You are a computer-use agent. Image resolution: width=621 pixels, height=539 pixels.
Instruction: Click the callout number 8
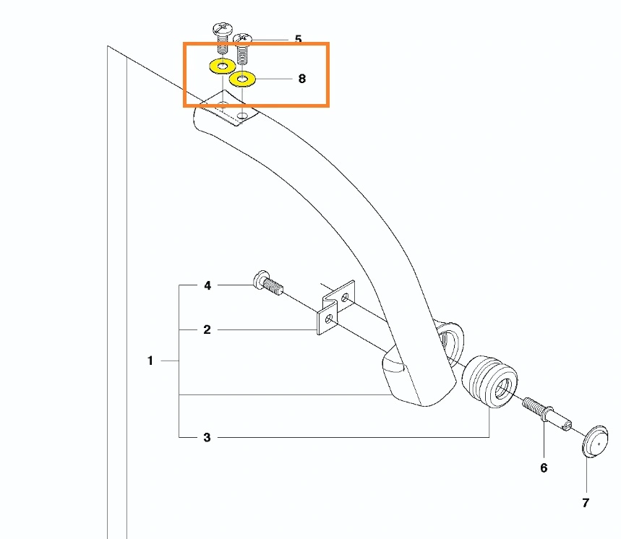tap(301, 79)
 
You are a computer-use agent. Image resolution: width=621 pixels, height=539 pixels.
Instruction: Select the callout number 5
tap(299, 39)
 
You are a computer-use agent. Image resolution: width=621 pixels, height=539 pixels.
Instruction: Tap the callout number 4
tap(207, 285)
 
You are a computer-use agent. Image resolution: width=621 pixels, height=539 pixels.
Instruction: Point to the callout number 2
tap(207, 329)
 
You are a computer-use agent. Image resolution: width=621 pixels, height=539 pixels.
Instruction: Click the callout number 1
tap(150, 361)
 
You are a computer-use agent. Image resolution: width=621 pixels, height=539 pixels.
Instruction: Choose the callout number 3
tap(207, 437)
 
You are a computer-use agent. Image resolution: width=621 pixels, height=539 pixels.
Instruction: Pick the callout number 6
tap(544, 467)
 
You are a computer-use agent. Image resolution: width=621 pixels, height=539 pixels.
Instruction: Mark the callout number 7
tap(586, 503)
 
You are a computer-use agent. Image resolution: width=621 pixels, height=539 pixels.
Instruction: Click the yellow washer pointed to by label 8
tap(242, 79)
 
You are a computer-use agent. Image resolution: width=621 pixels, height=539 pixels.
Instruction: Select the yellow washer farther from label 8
tap(222, 66)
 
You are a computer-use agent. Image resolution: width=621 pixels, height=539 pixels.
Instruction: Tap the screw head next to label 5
tap(243, 38)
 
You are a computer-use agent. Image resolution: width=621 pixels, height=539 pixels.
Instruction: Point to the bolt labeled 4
tap(267, 283)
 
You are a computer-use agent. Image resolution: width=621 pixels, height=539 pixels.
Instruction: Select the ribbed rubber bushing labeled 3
tap(490, 381)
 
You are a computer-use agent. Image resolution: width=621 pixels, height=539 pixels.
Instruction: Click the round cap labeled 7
tap(595, 441)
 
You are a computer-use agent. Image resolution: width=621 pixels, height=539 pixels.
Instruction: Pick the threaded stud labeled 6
tap(547, 415)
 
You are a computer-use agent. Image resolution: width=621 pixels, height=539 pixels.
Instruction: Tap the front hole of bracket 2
tap(329, 319)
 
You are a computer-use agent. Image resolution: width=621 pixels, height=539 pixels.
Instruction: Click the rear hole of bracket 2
tap(346, 296)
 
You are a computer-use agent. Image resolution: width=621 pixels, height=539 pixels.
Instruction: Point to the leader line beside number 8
tap(274, 79)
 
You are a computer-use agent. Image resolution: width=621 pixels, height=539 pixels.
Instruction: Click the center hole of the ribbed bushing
tap(503, 388)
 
